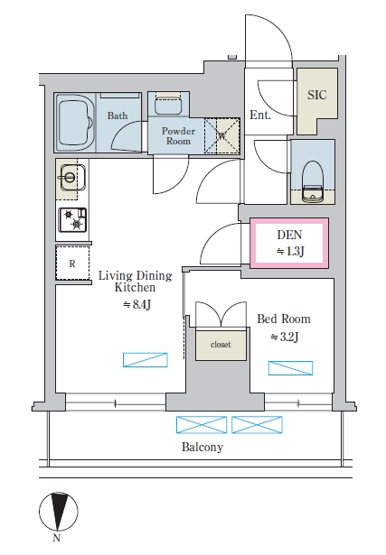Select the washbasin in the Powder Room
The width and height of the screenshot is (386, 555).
[166, 105]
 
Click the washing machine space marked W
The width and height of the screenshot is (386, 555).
[222, 136]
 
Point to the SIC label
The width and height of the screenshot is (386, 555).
[317, 95]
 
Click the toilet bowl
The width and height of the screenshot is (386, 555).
[312, 172]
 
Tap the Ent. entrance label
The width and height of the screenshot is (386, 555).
[261, 116]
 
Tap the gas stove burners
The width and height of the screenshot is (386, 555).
[71, 219]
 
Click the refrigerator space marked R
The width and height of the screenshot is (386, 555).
[72, 264]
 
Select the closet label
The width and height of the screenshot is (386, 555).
[221, 344]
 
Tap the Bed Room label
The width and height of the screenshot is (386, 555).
[283, 319]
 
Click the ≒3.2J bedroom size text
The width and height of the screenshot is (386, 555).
[284, 338]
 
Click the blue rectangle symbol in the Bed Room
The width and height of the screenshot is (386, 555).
[290, 367]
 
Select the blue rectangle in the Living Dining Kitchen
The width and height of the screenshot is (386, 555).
[146, 360]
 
